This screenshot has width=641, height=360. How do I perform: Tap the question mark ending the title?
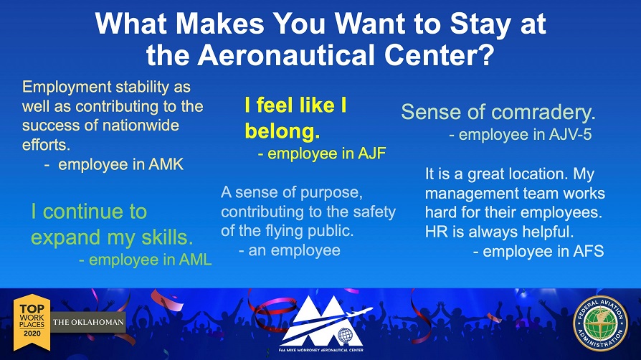coord(485,55)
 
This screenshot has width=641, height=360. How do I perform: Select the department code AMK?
coord(166,164)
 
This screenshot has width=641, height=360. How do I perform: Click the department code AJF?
coord(371,153)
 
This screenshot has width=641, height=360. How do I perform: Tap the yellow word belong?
coord(282,131)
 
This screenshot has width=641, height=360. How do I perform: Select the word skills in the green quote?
coord(167,237)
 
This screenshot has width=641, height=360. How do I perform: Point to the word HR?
coord(437,232)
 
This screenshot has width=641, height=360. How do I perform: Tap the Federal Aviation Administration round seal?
coord(600,323)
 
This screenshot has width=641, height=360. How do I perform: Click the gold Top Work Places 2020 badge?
coord(32,322)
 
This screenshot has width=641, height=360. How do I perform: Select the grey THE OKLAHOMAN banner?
coord(88,322)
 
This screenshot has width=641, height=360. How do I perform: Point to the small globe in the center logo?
coord(345,336)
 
